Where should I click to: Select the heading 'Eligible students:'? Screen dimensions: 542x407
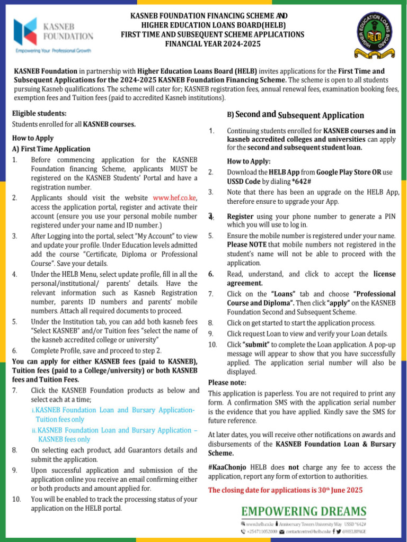pyautogui.click(x=39, y=113)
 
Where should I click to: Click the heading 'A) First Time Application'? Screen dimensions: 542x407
pyautogui.click(x=51, y=149)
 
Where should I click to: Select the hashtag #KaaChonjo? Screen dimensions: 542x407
pyautogui.click(x=227, y=467)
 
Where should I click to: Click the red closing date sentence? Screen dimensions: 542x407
pyautogui.click(x=285, y=490)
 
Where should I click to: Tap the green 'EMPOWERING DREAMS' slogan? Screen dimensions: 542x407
pyautogui.click(x=304, y=511)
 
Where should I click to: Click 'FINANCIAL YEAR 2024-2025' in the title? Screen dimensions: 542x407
pyautogui.click(x=213, y=44)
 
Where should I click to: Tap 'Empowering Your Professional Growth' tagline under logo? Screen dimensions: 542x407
pyautogui.click(x=54, y=52)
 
